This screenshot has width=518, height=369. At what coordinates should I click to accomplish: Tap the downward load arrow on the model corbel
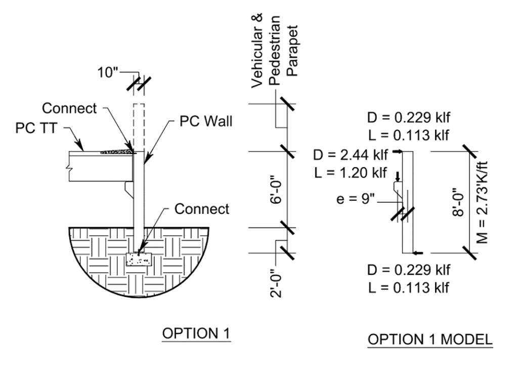tap(398, 176)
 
